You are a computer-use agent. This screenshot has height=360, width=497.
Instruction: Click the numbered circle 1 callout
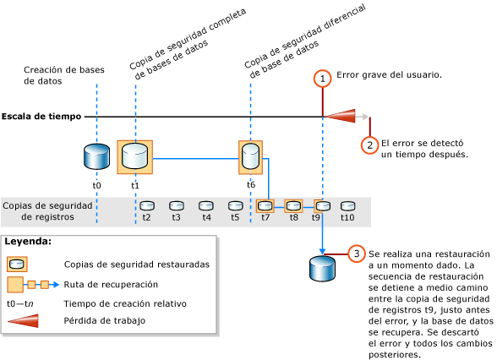pyautogui.click(x=322, y=79)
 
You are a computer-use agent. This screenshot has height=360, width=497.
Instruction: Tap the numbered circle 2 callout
pyautogui.click(x=369, y=144)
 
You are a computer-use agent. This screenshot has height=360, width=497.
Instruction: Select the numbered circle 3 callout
pyautogui.click(x=358, y=254)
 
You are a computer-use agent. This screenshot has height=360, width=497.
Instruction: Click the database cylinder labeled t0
pyautogui.click(x=96, y=156)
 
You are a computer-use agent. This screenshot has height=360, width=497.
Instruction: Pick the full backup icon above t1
pyautogui.click(x=134, y=156)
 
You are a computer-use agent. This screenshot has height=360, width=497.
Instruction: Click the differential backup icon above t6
pyautogui.click(x=251, y=156)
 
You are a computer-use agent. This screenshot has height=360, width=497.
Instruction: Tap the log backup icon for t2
pyautogui.click(x=146, y=205)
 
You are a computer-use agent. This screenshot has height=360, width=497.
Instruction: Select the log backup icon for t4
pyautogui.click(x=205, y=205)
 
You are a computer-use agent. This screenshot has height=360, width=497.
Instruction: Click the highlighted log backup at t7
pyautogui.click(x=265, y=205)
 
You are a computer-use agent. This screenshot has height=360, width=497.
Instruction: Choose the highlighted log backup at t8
pyautogui.click(x=293, y=205)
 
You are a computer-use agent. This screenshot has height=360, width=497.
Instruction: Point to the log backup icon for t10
pyautogui.click(x=347, y=205)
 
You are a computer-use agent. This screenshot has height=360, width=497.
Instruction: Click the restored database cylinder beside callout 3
pyautogui.click(x=322, y=268)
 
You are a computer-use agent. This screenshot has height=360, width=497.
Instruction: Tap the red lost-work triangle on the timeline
pyautogui.click(x=340, y=117)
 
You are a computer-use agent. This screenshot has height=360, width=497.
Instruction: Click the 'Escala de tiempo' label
pyautogui.click(x=40, y=116)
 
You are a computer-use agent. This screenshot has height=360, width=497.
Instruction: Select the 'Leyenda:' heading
pyautogui.click(x=29, y=242)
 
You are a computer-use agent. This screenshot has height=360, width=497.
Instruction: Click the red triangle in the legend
pyautogui.click(x=26, y=321)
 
